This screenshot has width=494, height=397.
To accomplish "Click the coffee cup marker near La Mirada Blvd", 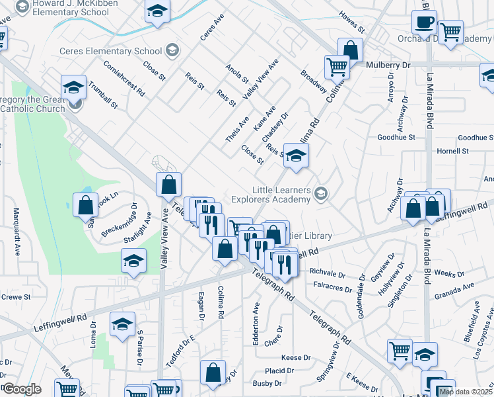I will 424,22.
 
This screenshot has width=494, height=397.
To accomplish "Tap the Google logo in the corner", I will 22,389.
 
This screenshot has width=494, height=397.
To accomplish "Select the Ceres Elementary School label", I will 110,51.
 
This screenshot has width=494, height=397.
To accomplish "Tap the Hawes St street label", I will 351,24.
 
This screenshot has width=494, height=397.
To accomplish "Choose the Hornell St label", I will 452,151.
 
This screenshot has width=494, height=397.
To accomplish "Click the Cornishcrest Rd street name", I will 124,79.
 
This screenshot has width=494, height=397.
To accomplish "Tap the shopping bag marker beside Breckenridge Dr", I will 86,205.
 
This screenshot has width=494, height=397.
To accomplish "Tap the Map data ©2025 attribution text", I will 466,392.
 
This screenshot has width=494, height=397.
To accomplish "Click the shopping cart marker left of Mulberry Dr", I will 337,66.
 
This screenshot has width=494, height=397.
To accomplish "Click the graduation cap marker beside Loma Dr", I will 122,326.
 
